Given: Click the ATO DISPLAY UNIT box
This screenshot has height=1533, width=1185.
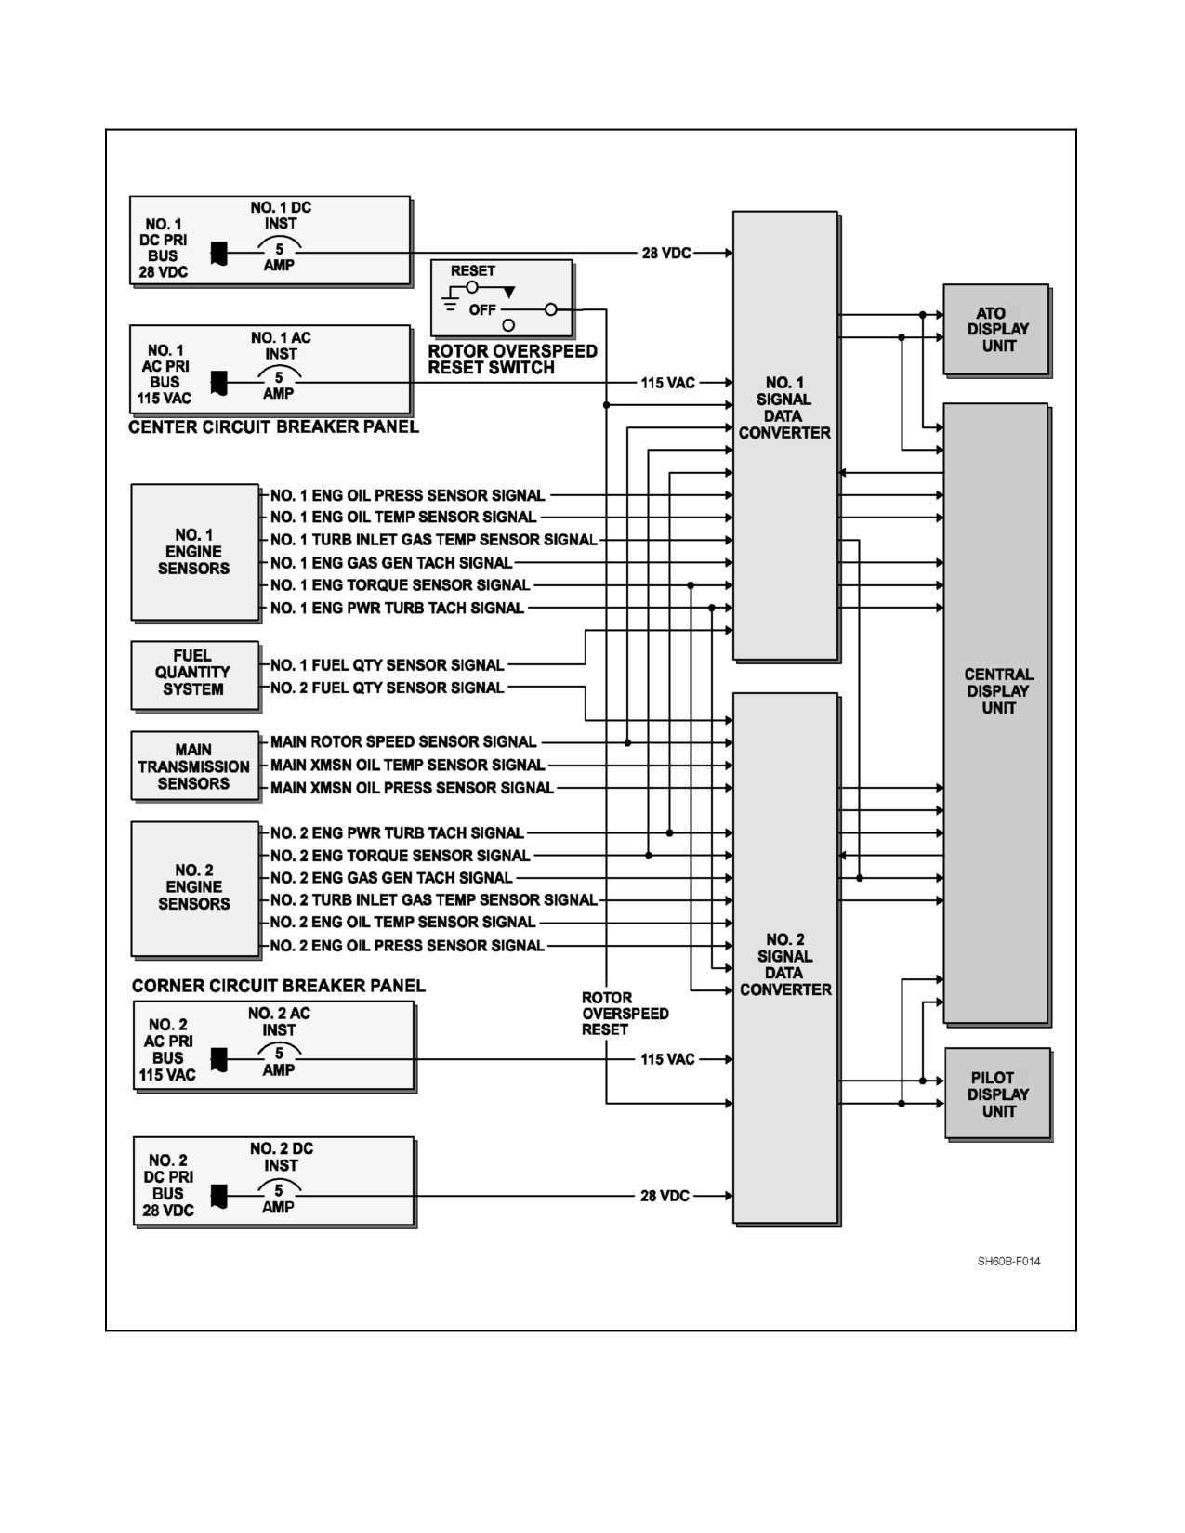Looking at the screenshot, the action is pos(996,330).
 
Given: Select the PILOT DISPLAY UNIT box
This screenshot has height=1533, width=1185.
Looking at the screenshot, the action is pos(998,1094).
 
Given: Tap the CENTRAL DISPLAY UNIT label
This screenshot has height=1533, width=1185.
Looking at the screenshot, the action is pos(998,690).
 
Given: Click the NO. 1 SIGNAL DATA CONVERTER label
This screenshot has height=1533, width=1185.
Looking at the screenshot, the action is pos(784,408).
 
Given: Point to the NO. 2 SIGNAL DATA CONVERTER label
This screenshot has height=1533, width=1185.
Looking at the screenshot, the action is pos(785,964).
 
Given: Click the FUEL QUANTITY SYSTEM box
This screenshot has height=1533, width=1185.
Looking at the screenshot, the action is pos(195,675).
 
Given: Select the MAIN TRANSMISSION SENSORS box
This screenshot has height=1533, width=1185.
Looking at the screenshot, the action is pos(195,766).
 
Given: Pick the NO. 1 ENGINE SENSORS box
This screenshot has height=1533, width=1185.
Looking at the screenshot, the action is pos(195,552).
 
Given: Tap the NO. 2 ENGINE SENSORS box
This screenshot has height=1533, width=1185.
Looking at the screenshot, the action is pos(195,889).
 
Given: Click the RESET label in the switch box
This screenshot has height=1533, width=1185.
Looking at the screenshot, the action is pos(473,271).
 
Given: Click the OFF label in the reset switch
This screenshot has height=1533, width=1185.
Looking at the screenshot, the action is pos(482,309).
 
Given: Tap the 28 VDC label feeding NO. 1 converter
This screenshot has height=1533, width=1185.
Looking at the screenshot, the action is pos(666,253).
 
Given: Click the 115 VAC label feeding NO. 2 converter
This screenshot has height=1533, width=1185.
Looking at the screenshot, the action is pos(667,1059).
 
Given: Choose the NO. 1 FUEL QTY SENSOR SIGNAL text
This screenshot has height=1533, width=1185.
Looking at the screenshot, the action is pos(388,665).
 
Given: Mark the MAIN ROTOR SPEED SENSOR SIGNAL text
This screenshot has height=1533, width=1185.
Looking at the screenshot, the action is pos(403,742).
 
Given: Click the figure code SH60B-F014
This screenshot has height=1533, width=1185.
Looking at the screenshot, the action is pos(1008,1262).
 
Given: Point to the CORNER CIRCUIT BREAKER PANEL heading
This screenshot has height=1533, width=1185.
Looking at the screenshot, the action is pos(279,986).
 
